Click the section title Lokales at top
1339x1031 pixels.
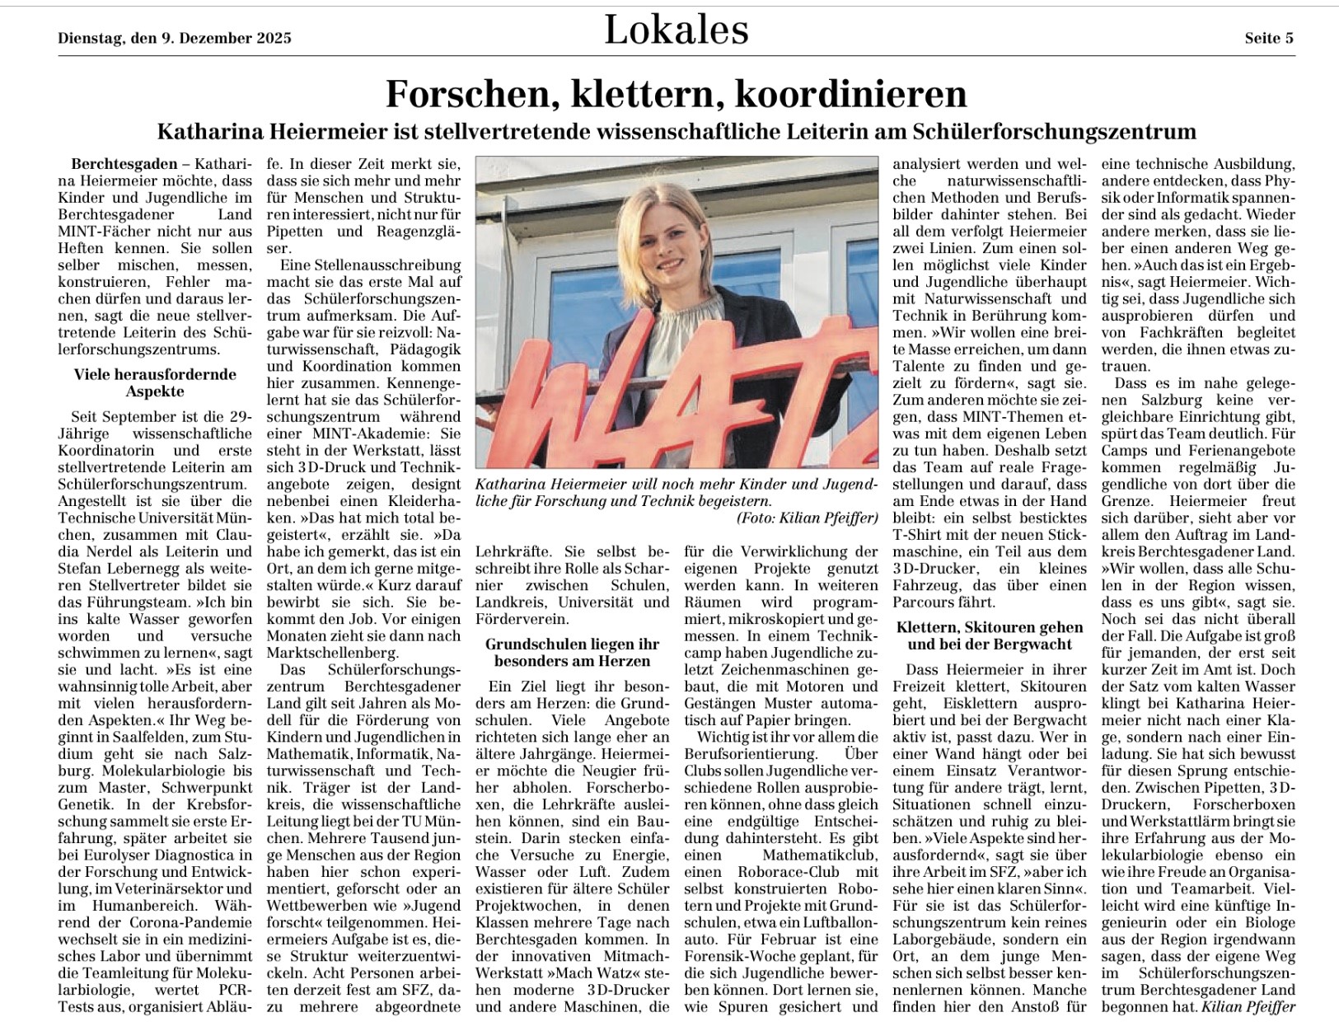pyautogui.click(x=676, y=30)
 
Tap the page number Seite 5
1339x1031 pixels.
pyautogui.click(x=1268, y=38)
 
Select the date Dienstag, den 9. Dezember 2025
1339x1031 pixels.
pyautogui.click(x=175, y=38)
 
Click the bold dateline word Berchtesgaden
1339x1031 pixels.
pyautogui.click(x=124, y=164)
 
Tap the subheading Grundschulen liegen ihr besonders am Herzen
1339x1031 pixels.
pyautogui.click(x=572, y=652)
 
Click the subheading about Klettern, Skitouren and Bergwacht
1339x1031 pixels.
pyautogui.click(x=989, y=635)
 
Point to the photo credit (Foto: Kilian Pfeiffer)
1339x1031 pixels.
pyautogui.click(x=807, y=518)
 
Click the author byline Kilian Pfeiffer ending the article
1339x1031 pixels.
pyautogui.click(x=1248, y=1006)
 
